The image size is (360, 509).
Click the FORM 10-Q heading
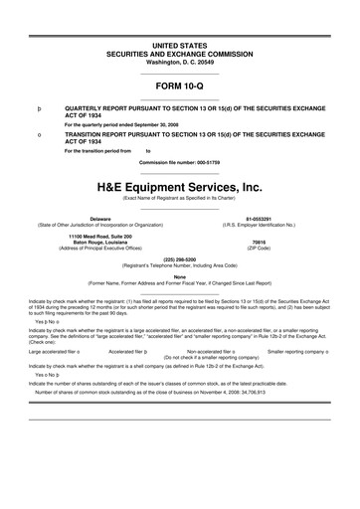(x=179, y=85)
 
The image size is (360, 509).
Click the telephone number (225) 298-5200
(x=179, y=257)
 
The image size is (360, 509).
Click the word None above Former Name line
(x=179, y=276)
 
